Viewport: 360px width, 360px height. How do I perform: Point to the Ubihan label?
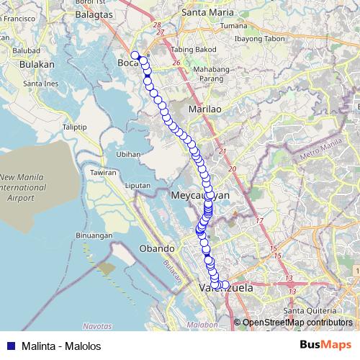click(127, 154)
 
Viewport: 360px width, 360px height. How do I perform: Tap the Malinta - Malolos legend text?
click(62, 346)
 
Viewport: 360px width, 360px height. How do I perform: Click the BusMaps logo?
click(325, 345)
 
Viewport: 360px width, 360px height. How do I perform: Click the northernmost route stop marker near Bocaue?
click(135, 55)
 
